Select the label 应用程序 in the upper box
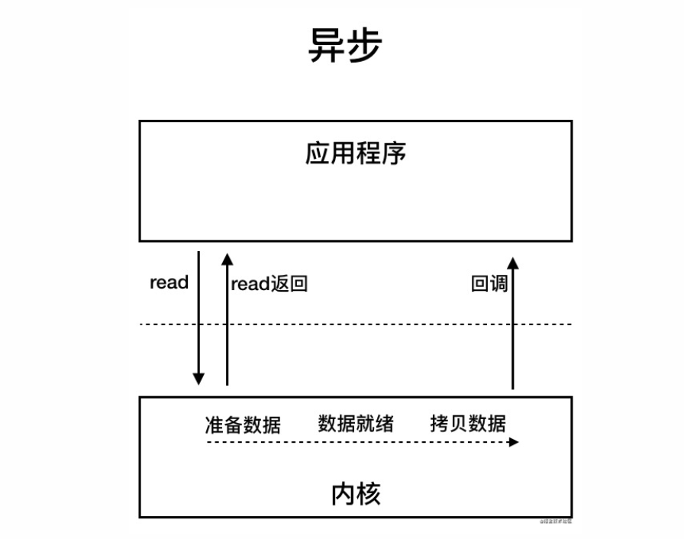pos(355,153)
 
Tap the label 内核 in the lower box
pos(356,495)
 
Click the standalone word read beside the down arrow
pos(169,282)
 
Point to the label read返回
pos(269,285)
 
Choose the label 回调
pos(489,285)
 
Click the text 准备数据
pos(243,424)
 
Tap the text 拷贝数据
pos(467,423)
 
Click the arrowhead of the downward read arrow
pos(198,378)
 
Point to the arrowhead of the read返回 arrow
pos(227,258)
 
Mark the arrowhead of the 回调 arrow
pos(513,263)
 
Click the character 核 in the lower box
pos(368,495)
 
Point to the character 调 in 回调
pos(498,285)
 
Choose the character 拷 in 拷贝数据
pos(439,423)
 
